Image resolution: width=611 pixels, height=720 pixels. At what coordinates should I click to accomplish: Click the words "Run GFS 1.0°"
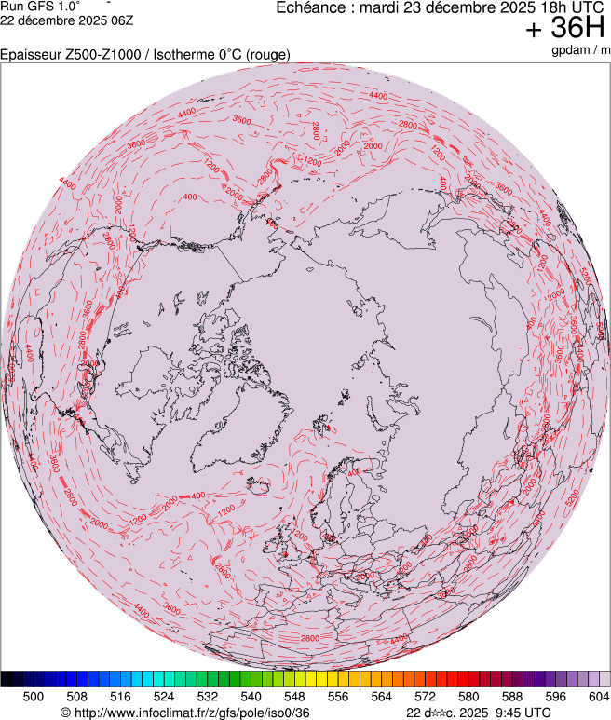click(x=40, y=7)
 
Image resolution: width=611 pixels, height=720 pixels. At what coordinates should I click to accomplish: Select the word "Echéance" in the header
click(x=311, y=7)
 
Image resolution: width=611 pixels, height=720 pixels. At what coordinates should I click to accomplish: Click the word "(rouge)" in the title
click(x=266, y=55)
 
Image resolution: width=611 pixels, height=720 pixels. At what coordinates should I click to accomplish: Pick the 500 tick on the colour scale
click(x=34, y=696)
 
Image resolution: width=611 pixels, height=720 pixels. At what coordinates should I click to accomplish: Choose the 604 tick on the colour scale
click(x=599, y=696)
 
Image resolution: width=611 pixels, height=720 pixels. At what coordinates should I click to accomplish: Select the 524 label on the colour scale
click(x=164, y=696)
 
